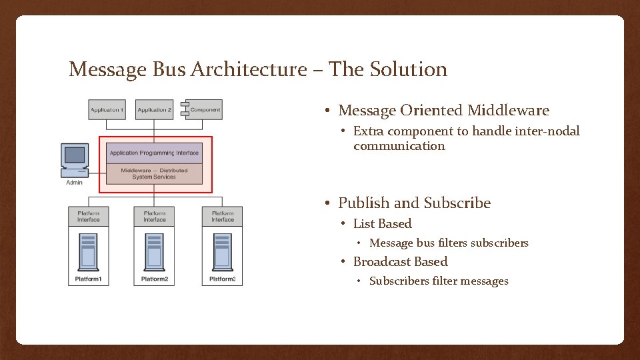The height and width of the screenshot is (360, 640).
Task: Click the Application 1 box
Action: pos(107,109)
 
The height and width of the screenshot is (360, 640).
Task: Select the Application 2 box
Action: pos(154,109)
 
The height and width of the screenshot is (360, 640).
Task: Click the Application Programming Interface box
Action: pos(154,153)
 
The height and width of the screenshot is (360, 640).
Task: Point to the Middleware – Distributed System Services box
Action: pos(154,173)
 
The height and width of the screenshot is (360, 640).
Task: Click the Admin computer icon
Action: pos(75,160)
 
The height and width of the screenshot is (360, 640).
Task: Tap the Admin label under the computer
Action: pos(75,183)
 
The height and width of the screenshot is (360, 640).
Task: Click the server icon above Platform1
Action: pos(89,251)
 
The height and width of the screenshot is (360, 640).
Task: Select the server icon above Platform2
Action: pos(155,251)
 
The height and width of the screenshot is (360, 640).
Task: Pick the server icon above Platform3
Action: pos(223,251)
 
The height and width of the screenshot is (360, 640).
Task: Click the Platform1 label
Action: pos(89,279)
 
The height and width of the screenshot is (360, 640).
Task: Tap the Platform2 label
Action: pos(155,279)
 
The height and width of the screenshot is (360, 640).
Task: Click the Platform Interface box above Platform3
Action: pos(223,216)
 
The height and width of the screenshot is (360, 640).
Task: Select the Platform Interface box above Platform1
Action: pos(89,216)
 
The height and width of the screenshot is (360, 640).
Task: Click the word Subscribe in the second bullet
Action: pos(457,203)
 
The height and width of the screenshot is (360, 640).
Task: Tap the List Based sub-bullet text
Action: pos(382,224)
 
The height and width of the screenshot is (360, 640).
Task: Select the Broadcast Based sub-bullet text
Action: pos(400,262)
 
